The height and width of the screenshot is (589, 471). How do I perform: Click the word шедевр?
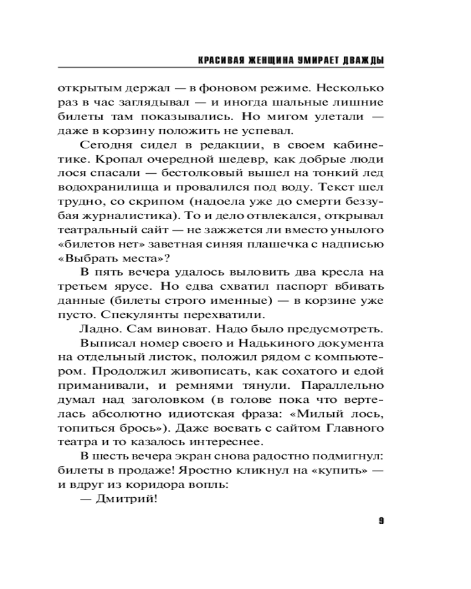click(246, 160)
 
